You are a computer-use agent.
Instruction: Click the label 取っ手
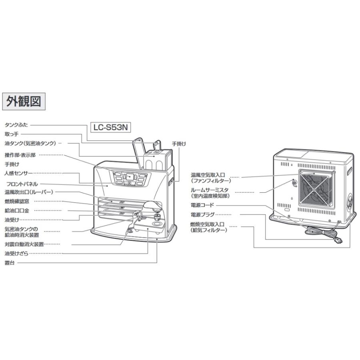(11, 134)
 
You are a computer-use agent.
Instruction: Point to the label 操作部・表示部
(20, 155)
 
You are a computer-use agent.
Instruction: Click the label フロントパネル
(22, 184)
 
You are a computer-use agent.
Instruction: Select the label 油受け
(11, 220)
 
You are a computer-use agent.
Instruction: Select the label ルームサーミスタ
(210, 190)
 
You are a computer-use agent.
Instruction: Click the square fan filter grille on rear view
(316, 190)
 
